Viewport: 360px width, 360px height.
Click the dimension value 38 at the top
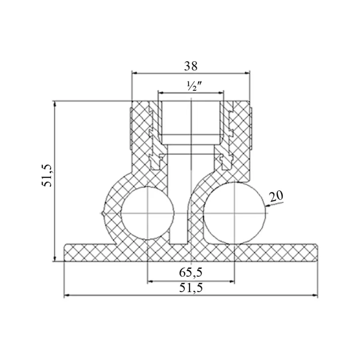[190, 66]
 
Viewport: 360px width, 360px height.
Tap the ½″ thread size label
[194, 86]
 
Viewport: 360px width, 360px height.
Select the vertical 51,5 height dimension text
[47, 176]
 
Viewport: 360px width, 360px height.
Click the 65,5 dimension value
[191, 272]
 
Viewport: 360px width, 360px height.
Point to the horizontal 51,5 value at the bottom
[191, 288]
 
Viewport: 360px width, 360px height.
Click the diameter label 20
[276, 196]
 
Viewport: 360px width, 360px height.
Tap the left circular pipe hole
[148, 213]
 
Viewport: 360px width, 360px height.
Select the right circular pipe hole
[235, 213]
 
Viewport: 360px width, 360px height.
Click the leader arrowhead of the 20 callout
[268, 205]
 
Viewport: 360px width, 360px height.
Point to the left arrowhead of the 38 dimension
[135, 73]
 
